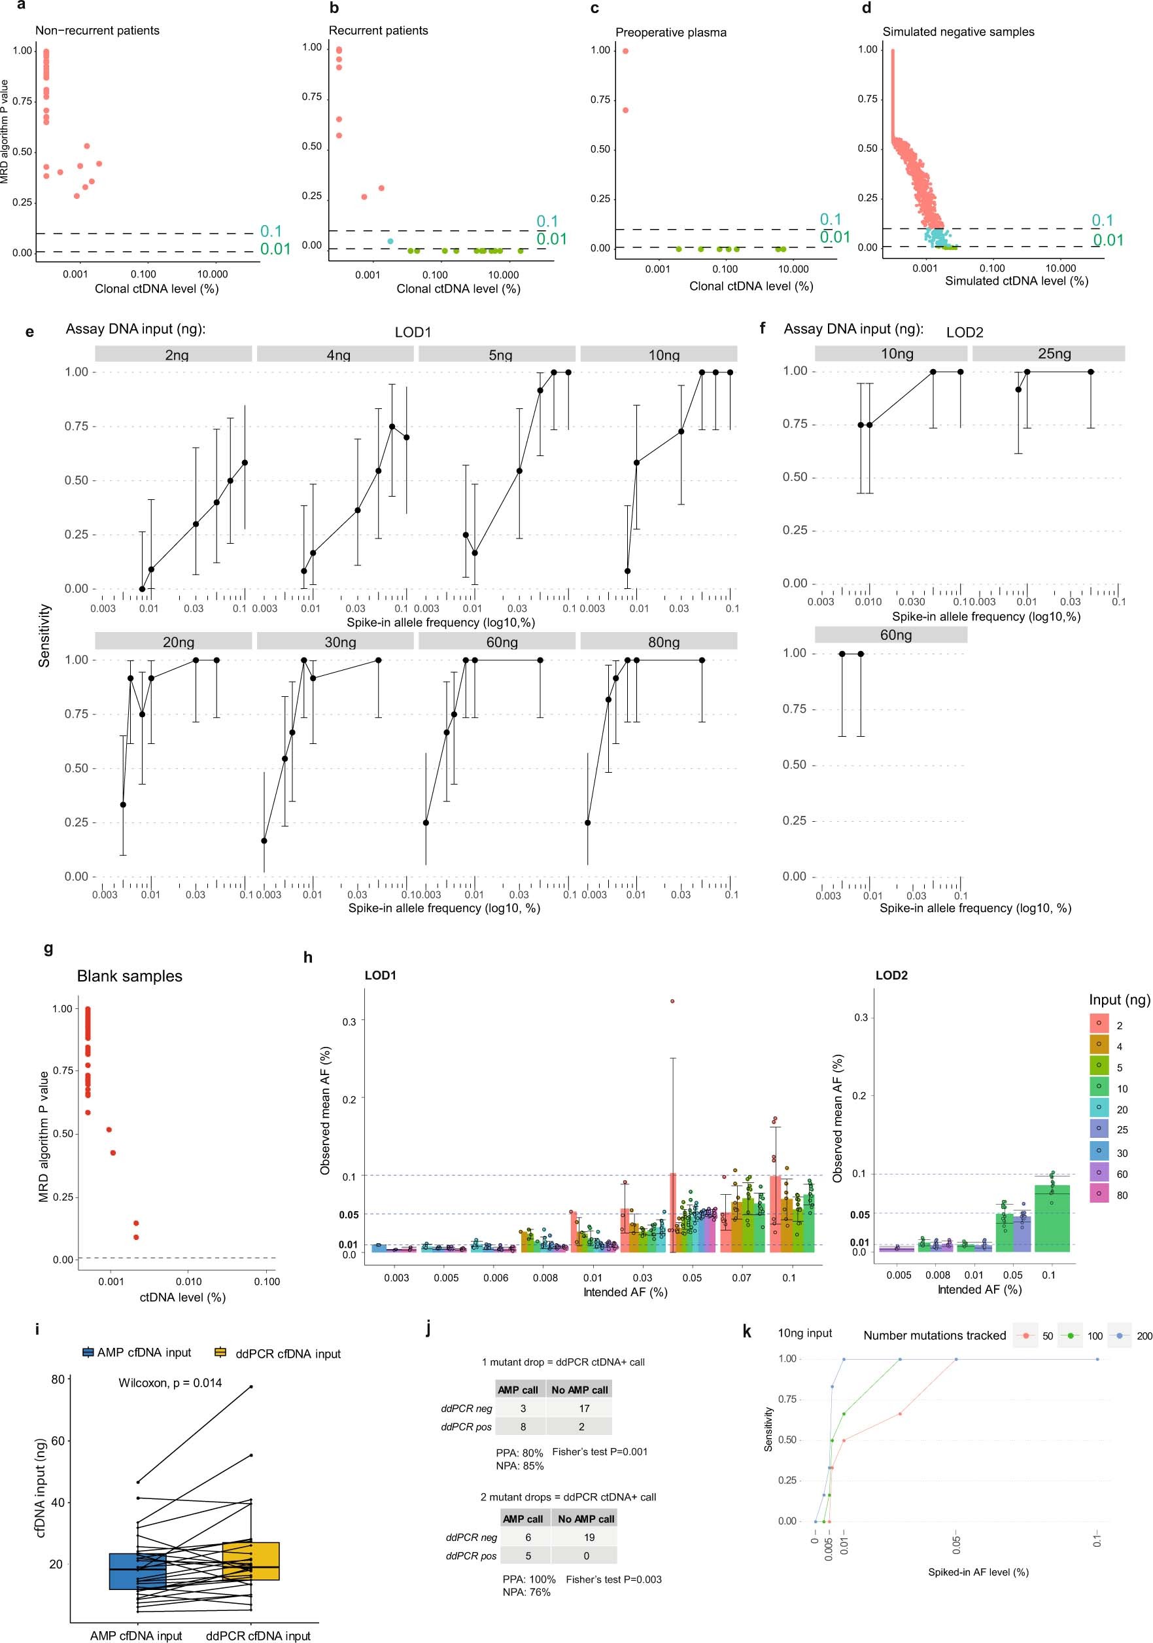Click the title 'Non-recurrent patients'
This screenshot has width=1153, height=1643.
click(97, 30)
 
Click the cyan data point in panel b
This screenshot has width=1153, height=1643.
click(390, 241)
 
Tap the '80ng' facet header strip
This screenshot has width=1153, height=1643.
click(658, 641)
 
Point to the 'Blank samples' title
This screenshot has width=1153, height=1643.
click(129, 976)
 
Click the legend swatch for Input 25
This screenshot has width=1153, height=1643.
click(1098, 1129)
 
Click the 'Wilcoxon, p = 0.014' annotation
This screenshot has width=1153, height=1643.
click(170, 1383)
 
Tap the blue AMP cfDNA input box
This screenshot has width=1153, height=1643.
click(137, 1572)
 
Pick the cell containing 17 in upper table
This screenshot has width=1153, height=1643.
click(583, 1408)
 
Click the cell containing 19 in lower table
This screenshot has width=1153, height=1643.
click(588, 1537)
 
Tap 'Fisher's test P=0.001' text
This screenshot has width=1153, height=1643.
click(599, 1451)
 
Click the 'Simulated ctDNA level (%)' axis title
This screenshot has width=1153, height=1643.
click(1016, 281)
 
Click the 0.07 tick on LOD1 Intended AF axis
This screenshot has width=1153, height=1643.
click(741, 1277)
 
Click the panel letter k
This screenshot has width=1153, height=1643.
click(747, 1332)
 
